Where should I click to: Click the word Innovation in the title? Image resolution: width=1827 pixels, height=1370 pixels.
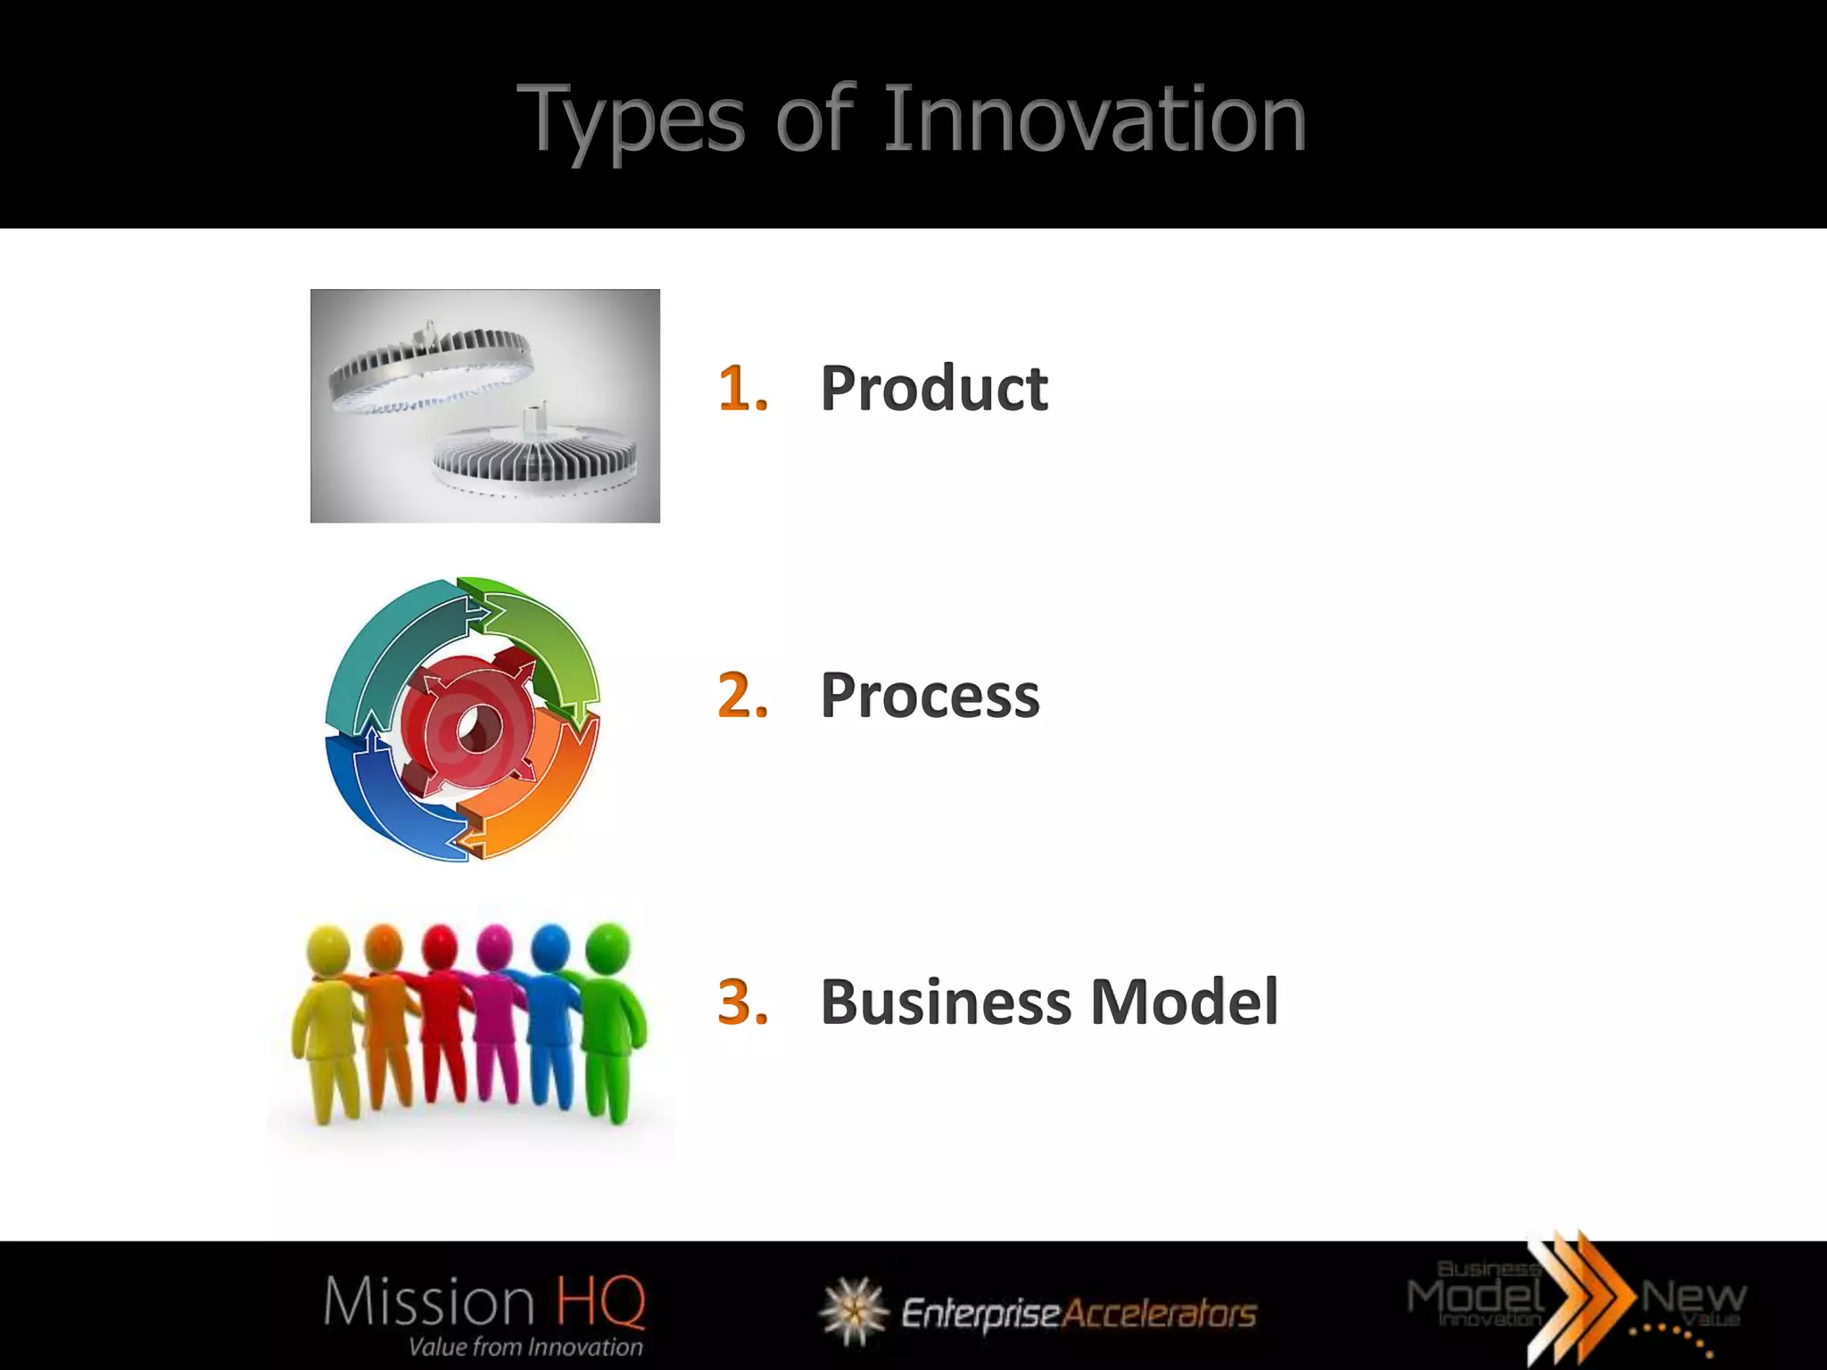tap(1095, 120)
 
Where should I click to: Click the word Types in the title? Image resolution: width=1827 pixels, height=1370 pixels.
tap(630, 121)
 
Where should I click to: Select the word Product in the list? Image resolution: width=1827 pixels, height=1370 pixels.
tap(933, 389)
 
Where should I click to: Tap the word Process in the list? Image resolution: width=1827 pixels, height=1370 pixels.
tap(930, 696)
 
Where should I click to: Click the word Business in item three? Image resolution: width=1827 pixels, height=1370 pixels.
tap(946, 1003)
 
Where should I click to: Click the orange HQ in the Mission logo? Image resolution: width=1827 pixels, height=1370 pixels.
tap(600, 1301)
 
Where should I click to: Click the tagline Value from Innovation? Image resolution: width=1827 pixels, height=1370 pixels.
tap(525, 1347)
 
